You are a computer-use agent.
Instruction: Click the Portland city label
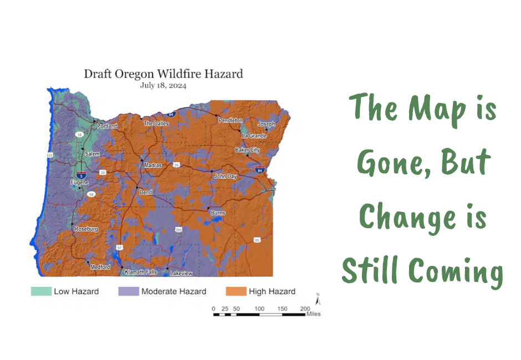(107, 126)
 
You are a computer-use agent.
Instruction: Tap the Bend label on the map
(146, 192)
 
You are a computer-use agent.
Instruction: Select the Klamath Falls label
(141, 272)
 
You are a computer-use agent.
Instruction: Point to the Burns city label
(218, 213)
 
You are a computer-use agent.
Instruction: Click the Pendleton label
(231, 120)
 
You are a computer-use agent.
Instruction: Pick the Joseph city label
(267, 124)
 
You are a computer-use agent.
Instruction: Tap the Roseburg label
(86, 229)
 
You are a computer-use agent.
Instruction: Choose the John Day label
(225, 176)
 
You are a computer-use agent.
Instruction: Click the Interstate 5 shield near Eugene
(81, 176)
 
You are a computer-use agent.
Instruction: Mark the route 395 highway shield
(179, 230)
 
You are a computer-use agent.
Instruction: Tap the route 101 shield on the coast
(49, 155)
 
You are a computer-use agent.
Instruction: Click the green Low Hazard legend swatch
(41, 291)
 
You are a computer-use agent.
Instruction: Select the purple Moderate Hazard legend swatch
(129, 291)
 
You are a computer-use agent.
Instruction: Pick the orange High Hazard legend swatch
(236, 291)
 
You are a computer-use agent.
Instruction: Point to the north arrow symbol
(318, 300)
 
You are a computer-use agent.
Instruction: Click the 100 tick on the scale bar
(259, 309)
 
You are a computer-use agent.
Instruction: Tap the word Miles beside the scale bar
(314, 314)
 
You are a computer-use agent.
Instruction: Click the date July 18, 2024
(163, 85)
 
